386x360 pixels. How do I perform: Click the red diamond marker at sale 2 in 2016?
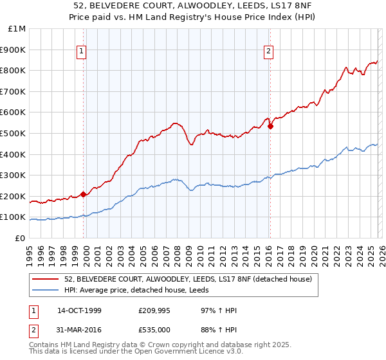click(271, 126)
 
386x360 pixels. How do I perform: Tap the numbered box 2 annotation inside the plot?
click(268, 53)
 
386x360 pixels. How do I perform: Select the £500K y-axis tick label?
click(14, 134)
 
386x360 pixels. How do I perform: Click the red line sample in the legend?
click(46, 279)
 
